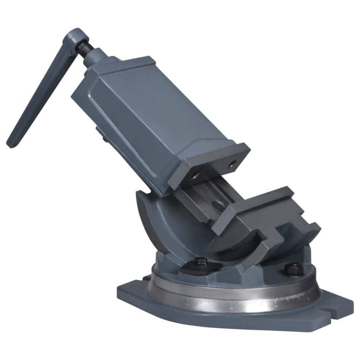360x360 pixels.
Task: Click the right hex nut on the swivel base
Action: click(291, 269)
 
